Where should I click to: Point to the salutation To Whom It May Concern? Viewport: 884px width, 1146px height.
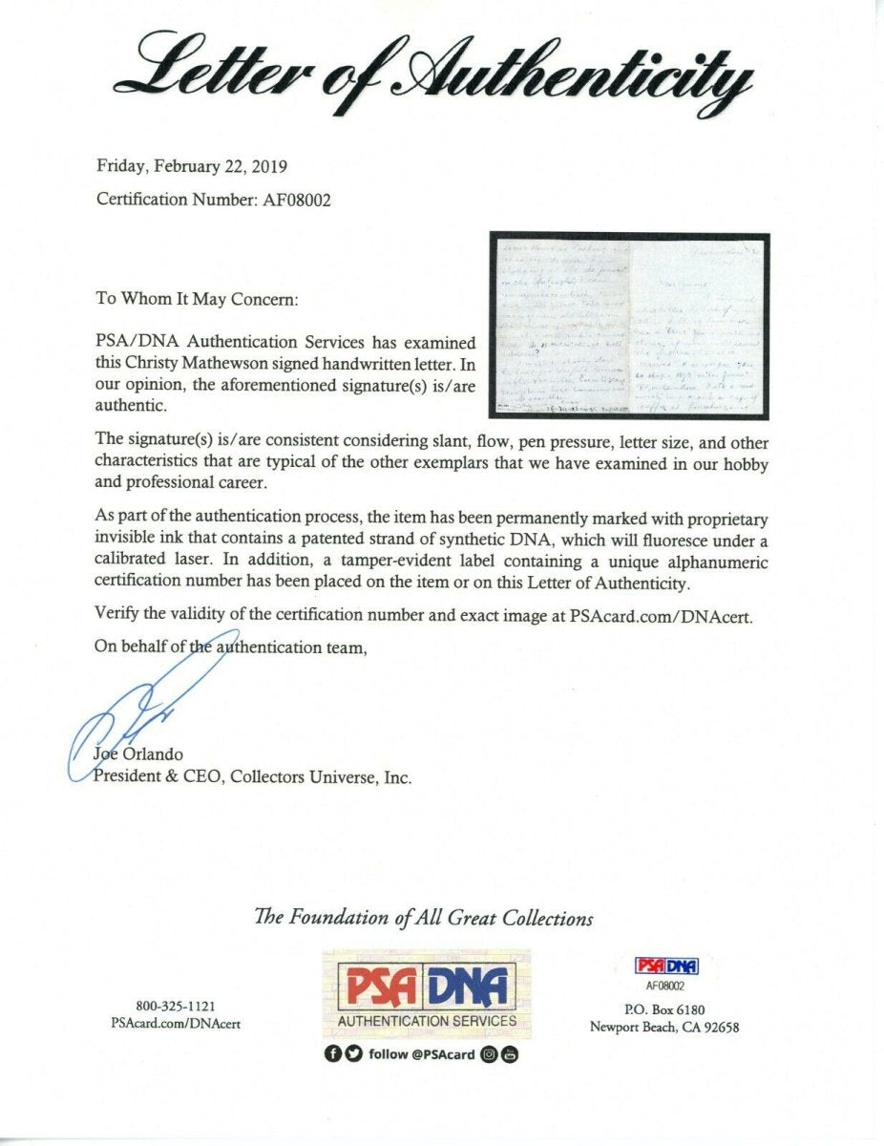pyautogui.click(x=197, y=299)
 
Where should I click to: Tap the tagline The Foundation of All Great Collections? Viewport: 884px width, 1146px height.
pyautogui.click(x=423, y=918)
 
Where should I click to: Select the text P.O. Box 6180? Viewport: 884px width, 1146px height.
pyautogui.click(x=664, y=1009)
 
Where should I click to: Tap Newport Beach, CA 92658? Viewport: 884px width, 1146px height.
pyautogui.click(x=664, y=1028)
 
